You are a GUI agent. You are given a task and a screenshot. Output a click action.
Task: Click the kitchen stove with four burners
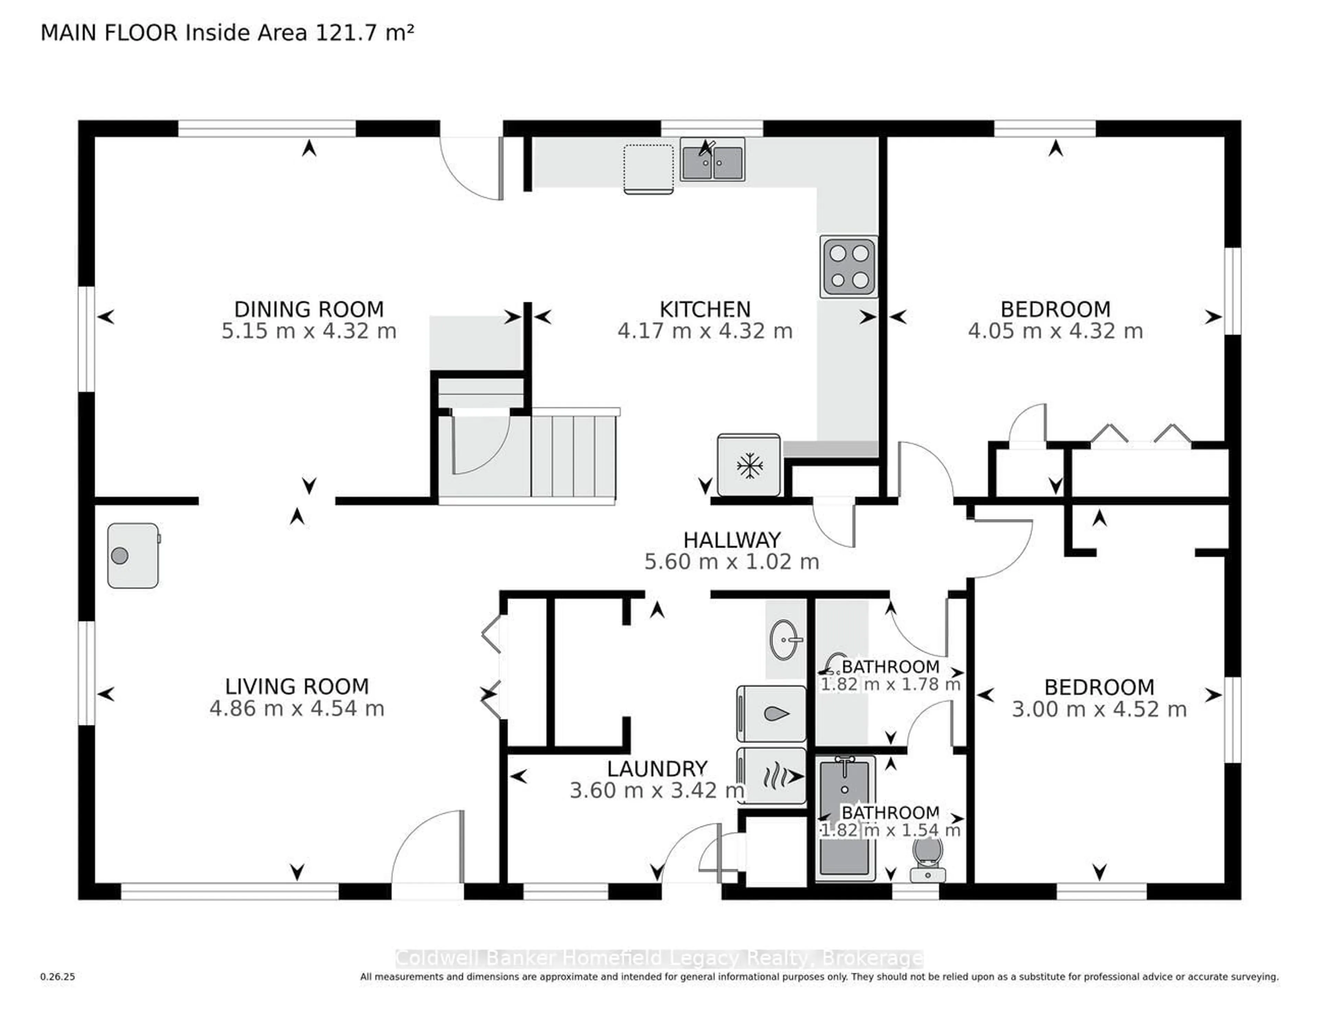pos(848,266)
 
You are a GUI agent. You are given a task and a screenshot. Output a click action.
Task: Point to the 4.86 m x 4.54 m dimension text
pos(296,708)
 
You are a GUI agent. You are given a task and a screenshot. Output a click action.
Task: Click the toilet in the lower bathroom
pos(928,858)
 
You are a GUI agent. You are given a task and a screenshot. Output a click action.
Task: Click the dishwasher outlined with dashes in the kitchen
pos(649,169)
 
